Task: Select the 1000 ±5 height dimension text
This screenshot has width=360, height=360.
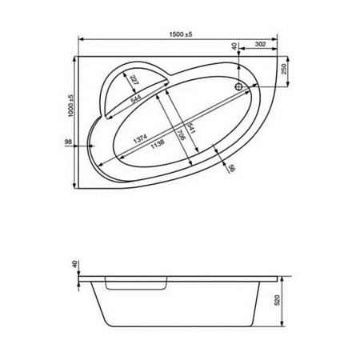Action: pyautogui.click(x=70, y=108)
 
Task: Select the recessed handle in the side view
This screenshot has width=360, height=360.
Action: pyautogui.click(x=134, y=284)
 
